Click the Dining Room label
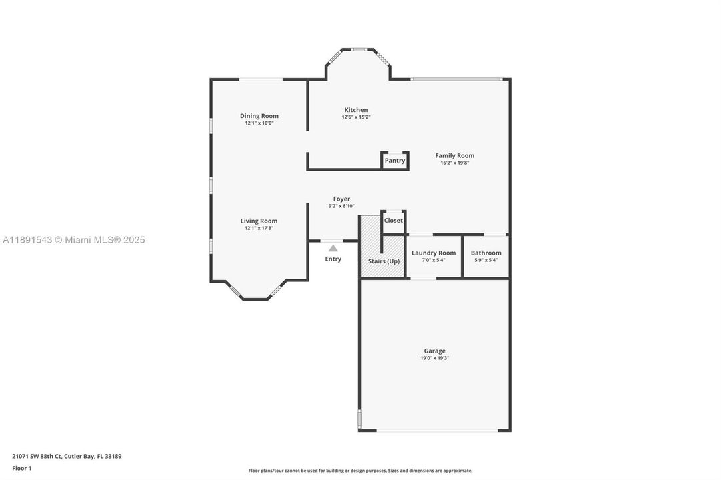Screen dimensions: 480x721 point(259,116)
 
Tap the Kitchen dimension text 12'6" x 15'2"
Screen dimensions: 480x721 point(355,117)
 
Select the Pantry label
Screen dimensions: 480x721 point(395,161)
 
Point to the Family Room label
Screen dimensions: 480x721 point(455,156)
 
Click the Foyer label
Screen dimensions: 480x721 point(341,199)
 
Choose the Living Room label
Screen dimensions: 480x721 point(259,221)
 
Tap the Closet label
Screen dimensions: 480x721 point(394,221)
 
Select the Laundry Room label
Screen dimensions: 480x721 point(434,253)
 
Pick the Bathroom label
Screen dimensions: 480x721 point(486,253)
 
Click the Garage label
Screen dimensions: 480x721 point(434,351)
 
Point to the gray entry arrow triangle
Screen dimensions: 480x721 point(333,248)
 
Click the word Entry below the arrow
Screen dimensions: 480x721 point(333,259)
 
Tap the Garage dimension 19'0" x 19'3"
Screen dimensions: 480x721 point(434,359)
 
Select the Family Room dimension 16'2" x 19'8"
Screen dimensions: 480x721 point(455,163)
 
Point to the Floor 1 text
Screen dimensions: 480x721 point(21,468)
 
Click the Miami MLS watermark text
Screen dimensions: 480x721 point(73,240)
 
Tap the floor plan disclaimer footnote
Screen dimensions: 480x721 point(360,471)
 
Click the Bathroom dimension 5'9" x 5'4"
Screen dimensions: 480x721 point(486,260)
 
